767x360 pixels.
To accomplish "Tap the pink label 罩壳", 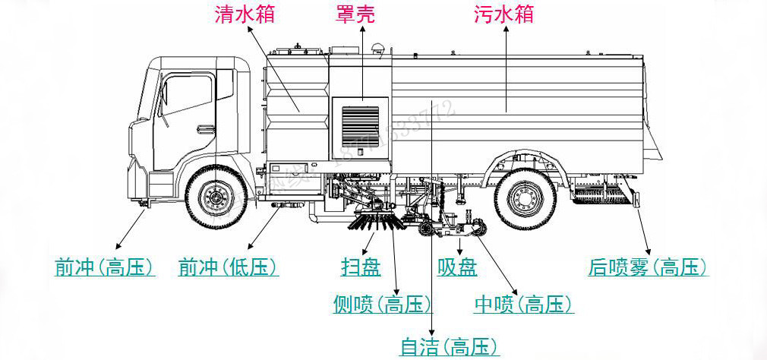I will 355,15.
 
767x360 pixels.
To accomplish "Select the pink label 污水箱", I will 503,15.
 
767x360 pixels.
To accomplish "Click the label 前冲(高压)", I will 105,267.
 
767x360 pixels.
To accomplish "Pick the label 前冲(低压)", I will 228,267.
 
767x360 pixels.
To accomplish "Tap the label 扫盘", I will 361,267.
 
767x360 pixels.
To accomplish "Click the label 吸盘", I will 457,267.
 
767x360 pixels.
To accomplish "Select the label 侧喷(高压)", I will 383,305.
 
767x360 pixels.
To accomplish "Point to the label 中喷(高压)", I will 522,305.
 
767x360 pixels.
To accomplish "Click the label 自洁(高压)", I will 450,347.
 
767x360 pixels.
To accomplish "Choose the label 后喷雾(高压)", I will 648,267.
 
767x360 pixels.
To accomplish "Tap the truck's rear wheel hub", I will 523,199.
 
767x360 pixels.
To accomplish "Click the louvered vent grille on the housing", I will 360,125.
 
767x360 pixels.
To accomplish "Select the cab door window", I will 185,99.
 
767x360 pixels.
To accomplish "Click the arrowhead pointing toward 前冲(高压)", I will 117,246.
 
